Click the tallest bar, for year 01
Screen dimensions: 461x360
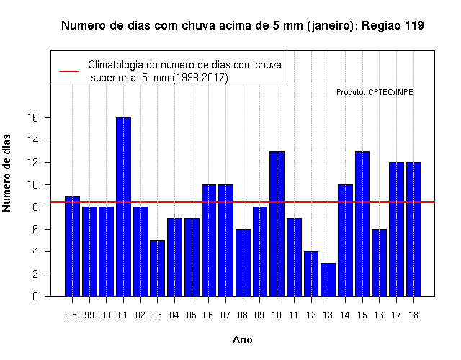tap(123, 207)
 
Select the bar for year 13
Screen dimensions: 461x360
tap(328, 279)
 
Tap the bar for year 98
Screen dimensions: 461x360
tap(72, 246)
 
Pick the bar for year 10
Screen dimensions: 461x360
tap(277, 224)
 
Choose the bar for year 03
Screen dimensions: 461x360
tap(158, 269)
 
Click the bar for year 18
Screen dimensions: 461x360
tap(413, 229)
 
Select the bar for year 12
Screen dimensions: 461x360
tap(311, 274)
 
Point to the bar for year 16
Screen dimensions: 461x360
tap(380, 263)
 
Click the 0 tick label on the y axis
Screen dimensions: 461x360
tap(35, 296)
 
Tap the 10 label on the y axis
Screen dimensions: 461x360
tap(32, 185)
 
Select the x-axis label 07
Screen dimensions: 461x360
tap(225, 315)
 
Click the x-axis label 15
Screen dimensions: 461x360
tap(362, 315)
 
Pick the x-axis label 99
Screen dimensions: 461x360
tap(89, 315)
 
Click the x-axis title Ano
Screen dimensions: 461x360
tap(243, 340)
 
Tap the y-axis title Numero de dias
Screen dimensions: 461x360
tap(6, 173)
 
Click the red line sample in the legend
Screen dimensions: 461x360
tap(69, 71)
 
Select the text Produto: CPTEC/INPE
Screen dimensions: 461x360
tap(375, 92)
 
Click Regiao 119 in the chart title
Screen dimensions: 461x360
tap(393, 26)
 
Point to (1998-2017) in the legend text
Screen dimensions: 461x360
tap(200, 78)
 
